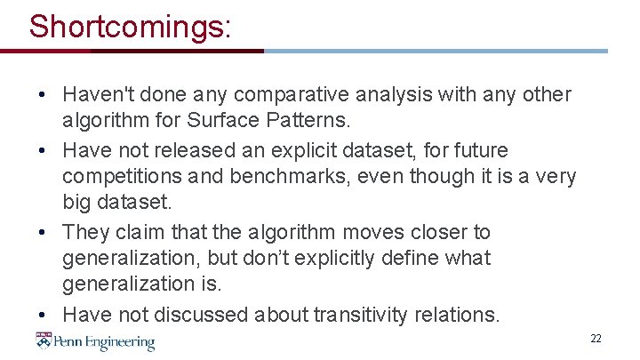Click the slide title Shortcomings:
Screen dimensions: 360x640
point(130,26)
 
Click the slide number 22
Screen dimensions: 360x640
point(596,339)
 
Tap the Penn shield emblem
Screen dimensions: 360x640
point(44,341)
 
